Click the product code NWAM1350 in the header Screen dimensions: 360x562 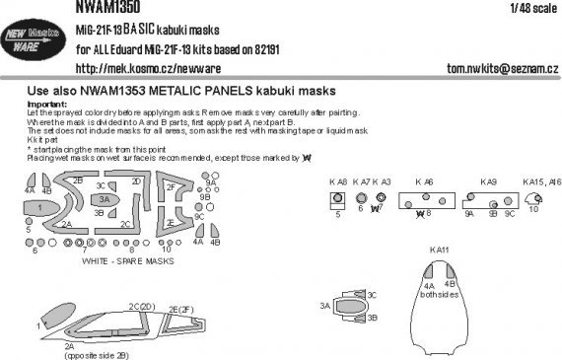click(x=105, y=7)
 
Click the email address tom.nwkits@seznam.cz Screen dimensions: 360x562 click(x=494, y=68)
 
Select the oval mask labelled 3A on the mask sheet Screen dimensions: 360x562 click(x=105, y=198)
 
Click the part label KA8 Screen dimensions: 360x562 click(x=337, y=181)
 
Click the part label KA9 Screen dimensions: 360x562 click(x=490, y=181)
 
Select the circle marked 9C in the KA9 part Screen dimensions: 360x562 click(x=510, y=199)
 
